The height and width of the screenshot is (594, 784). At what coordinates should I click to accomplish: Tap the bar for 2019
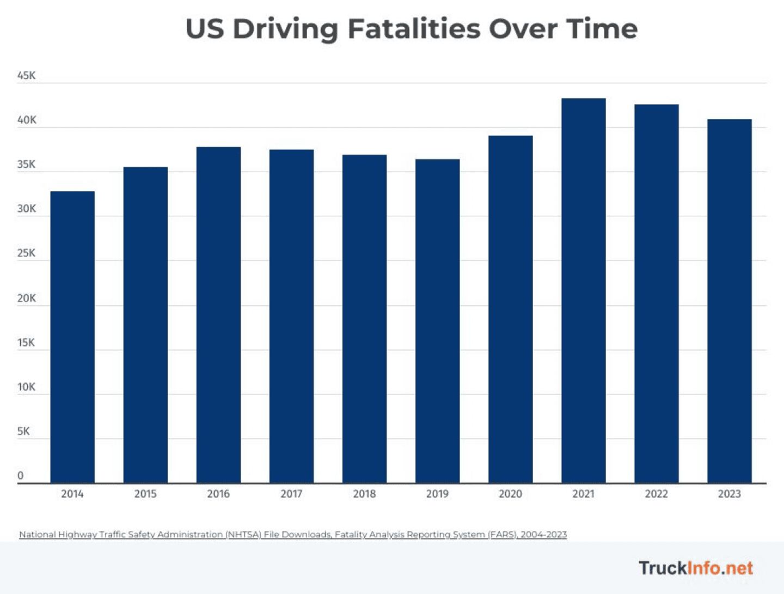tap(437, 321)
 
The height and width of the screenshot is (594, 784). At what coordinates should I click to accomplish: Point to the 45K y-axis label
tap(26, 76)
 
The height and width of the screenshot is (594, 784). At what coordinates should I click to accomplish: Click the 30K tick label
tap(26, 209)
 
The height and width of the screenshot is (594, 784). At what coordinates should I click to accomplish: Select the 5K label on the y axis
tap(23, 431)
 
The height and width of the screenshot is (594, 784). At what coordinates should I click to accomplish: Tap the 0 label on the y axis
tap(21, 475)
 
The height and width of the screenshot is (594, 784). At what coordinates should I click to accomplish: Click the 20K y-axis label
tap(26, 298)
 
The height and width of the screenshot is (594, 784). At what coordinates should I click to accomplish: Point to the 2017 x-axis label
tap(291, 494)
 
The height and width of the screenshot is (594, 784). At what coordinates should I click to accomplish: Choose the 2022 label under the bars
tap(656, 494)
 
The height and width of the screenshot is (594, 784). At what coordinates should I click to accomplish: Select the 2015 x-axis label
tap(145, 494)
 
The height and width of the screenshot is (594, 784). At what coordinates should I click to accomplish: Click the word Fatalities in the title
tap(414, 29)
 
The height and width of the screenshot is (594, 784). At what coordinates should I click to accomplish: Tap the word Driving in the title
tap(286, 29)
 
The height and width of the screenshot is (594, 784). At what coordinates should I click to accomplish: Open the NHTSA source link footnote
tap(293, 535)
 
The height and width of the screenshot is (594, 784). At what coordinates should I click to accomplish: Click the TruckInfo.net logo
tap(696, 568)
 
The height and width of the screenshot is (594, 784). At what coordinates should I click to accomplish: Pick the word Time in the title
tap(602, 29)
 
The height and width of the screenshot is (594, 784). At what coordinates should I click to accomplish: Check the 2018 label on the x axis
tap(364, 494)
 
